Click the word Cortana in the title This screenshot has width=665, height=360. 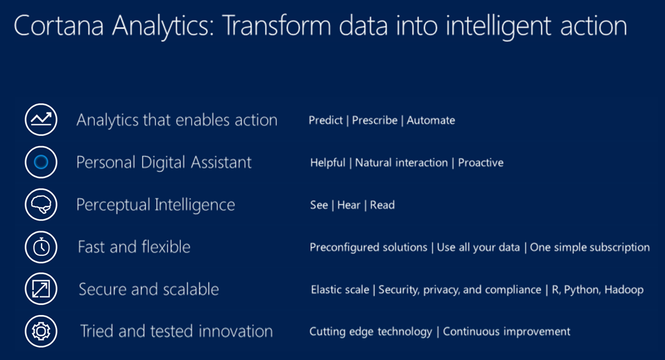(59, 25)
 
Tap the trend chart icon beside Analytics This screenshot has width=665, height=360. (41, 120)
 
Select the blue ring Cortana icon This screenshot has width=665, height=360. (41, 162)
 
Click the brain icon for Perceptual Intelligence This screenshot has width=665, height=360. (41, 204)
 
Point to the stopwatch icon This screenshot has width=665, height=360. (41, 247)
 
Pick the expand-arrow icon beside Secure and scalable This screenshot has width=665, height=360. (41, 289)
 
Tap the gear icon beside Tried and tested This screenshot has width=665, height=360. (41, 331)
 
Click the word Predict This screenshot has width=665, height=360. (325, 120)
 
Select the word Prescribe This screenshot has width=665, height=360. (375, 120)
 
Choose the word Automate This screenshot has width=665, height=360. (431, 120)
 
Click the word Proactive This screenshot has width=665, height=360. (481, 162)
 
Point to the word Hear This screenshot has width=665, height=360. (349, 205)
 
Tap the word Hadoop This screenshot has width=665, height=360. (624, 290)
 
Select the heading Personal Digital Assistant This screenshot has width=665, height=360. (164, 162)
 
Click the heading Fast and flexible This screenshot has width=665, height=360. (134, 247)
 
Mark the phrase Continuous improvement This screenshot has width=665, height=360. (507, 331)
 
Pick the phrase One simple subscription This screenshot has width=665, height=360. (590, 247)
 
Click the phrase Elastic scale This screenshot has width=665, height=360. (340, 290)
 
